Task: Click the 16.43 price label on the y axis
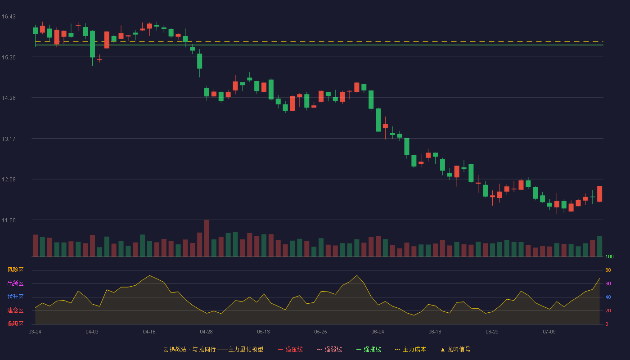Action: [x=9, y=17]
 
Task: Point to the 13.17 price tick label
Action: [x=9, y=139]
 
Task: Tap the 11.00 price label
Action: [x=9, y=220]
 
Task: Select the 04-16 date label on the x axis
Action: [x=149, y=332]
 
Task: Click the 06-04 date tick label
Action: [x=378, y=332]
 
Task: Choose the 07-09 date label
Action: [x=549, y=332]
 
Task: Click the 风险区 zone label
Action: [x=15, y=270]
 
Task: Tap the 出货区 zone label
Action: [x=15, y=283]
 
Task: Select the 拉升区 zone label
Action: [x=15, y=297]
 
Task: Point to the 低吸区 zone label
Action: [x=15, y=324]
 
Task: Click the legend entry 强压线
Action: [x=290, y=349]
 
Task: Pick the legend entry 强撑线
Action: [x=369, y=349]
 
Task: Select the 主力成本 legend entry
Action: [x=410, y=349]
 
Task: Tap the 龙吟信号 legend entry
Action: [x=455, y=349]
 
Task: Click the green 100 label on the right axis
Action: [x=609, y=256]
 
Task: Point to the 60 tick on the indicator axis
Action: [x=608, y=283]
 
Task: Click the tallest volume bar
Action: [x=207, y=238]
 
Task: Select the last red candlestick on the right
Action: [x=599, y=194]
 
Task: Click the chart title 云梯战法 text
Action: [x=175, y=349]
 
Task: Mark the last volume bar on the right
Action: [x=599, y=247]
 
